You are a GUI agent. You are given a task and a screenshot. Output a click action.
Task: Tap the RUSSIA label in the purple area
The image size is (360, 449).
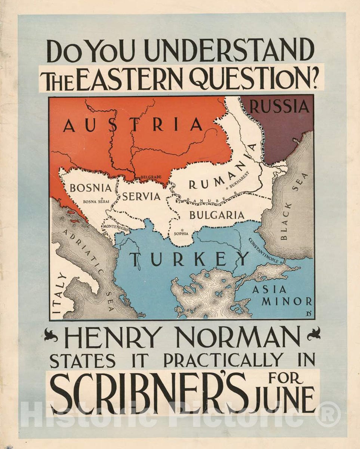[279, 107]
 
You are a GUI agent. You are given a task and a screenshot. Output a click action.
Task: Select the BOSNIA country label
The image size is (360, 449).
[88, 187]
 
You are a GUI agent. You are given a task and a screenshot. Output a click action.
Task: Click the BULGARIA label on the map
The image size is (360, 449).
[217, 215]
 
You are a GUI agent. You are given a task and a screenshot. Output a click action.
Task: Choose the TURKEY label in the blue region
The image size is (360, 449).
[190, 259]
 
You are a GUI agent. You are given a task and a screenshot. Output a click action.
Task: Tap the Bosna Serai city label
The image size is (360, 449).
[96, 201]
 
